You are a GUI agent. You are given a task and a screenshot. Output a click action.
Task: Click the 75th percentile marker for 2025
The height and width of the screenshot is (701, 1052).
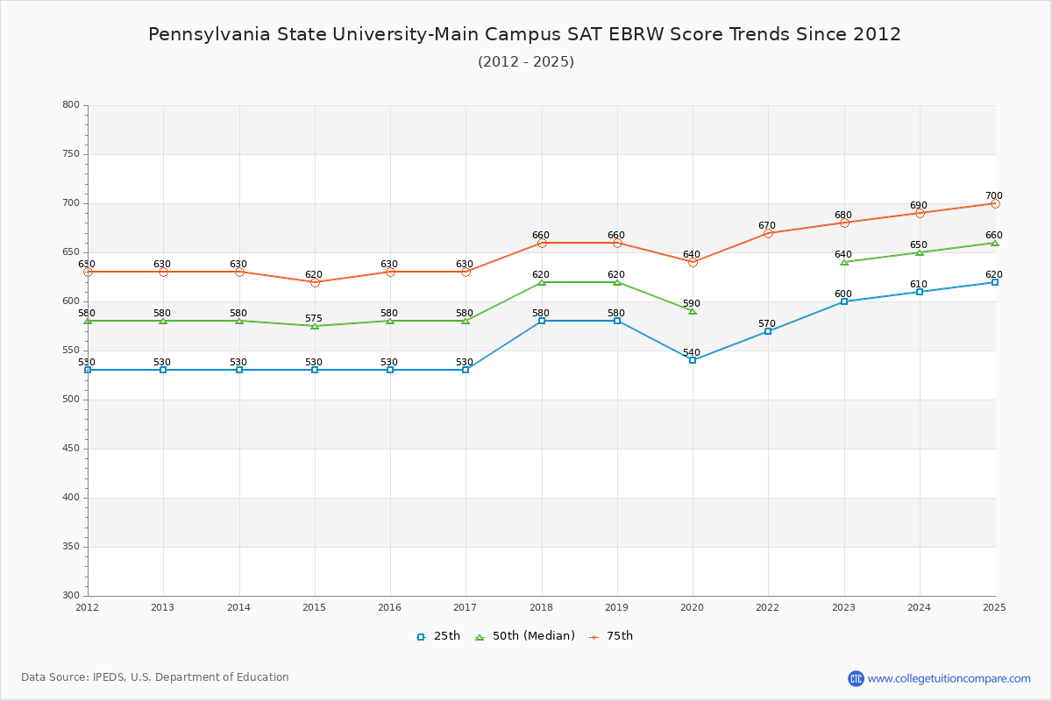pyautogui.click(x=995, y=203)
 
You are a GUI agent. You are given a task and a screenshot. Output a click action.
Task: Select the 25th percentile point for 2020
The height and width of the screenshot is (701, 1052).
pyautogui.click(x=693, y=360)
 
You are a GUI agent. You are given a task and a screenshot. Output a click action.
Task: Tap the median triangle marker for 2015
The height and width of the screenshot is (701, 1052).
pyautogui.click(x=315, y=326)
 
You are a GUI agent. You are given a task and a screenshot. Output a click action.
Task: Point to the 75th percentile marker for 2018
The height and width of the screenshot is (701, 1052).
pyautogui.click(x=542, y=243)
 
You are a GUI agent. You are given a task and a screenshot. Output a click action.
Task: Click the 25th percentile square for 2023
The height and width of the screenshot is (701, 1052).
pyautogui.click(x=844, y=301)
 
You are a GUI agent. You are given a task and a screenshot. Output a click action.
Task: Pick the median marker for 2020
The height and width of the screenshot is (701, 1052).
pyautogui.click(x=693, y=311)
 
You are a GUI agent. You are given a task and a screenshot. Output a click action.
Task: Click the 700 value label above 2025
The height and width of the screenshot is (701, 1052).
pyautogui.click(x=993, y=196)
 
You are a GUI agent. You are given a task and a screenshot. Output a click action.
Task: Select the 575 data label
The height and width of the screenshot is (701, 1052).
pyautogui.click(x=314, y=319)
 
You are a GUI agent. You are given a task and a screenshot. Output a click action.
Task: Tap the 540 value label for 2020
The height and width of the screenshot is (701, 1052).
pyautogui.click(x=692, y=353)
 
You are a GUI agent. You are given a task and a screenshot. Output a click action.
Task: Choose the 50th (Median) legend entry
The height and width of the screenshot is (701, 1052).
pyautogui.click(x=525, y=636)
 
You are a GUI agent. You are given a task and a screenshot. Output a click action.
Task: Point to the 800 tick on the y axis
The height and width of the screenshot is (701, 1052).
pyautogui.click(x=71, y=105)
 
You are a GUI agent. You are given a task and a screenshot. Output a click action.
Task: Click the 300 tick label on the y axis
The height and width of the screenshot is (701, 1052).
pyautogui.click(x=71, y=596)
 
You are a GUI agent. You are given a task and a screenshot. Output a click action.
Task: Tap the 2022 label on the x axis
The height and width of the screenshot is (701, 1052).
pyautogui.click(x=768, y=607)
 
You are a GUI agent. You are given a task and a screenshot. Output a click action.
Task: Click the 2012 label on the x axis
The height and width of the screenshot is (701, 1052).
pyautogui.click(x=88, y=607)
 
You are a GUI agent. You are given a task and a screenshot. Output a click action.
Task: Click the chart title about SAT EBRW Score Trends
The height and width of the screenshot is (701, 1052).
pyautogui.click(x=524, y=34)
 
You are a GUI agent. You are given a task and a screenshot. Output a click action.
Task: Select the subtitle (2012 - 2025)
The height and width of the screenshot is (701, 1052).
pyautogui.click(x=525, y=61)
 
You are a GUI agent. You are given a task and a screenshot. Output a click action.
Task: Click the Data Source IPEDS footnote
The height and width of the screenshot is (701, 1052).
pyautogui.click(x=155, y=677)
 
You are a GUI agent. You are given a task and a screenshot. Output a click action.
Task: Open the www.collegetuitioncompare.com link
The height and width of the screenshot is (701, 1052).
pyautogui.click(x=949, y=678)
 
